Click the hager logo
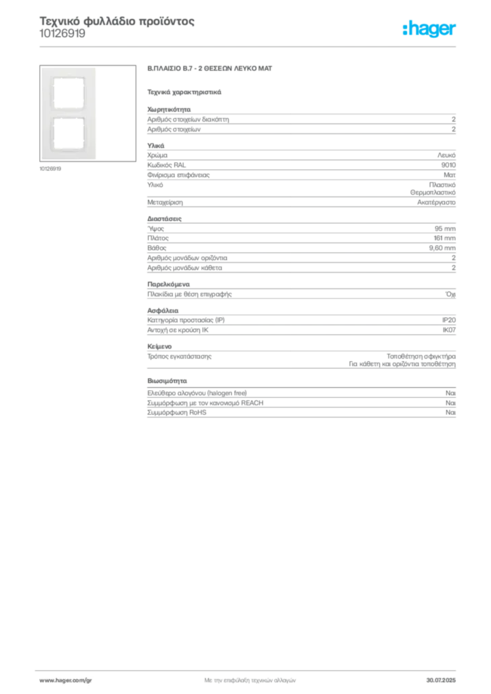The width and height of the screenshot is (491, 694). pos(429,29)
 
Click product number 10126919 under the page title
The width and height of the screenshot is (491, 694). pos(62,34)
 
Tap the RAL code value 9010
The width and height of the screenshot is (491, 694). pos(448,165)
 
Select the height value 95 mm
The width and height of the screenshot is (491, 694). pos(445,228)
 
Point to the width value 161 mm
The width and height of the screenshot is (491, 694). pos(444,238)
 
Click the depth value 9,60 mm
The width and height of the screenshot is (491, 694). pos(442,248)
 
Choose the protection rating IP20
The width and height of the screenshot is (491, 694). pos(449,320)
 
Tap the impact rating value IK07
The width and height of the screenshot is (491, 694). pos(449,330)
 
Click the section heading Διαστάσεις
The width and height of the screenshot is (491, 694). pos(164,219)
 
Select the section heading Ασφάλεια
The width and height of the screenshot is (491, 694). pos(163,310)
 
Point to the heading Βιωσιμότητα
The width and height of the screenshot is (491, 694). pos(167,381)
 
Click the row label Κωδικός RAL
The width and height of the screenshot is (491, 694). pos(166,165)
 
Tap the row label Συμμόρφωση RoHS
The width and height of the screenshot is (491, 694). pos(176,413)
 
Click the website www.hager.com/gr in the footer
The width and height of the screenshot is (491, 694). pos(66,680)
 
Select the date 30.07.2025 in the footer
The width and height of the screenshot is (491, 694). pos(441,680)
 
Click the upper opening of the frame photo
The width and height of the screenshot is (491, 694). pos(68,92)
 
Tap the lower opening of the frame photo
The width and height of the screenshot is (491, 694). pos(68,134)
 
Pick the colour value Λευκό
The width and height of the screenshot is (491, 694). pos(446,155)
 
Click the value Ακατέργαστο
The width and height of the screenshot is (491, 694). pos(437,202)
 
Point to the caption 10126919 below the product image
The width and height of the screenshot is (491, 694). pos(50,169)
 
